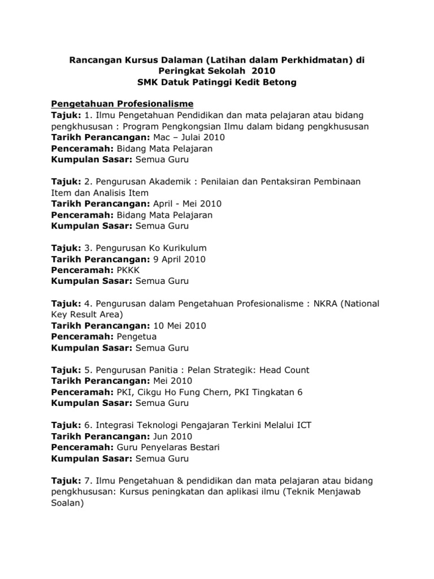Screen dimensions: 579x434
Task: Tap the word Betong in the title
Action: [277, 83]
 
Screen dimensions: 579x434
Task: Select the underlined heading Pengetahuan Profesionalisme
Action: [123, 104]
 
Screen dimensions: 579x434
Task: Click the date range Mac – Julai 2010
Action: [184, 137]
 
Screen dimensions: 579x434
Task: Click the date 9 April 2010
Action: [179, 259]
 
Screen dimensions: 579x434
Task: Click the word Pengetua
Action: [137, 336]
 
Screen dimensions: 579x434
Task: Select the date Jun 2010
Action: [172, 437]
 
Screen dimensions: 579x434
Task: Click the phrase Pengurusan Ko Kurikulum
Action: [151, 248]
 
